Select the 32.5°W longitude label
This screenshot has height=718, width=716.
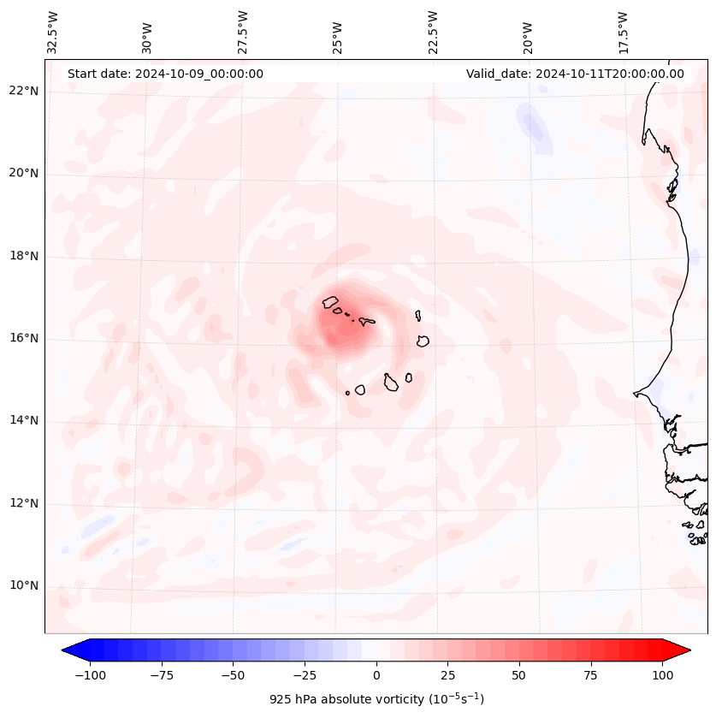pyautogui.click(x=53, y=33)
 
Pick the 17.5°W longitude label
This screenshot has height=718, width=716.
pyautogui.click(x=623, y=33)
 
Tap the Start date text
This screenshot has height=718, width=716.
pyautogui.click(x=165, y=74)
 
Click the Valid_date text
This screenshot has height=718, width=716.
pyautogui.click(x=575, y=74)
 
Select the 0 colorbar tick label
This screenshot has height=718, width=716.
pyautogui.click(x=376, y=675)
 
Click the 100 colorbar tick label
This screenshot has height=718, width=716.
pyautogui.click(x=661, y=675)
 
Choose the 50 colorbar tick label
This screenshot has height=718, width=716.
pyautogui.click(x=518, y=675)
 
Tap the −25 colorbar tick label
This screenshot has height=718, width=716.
pyautogui.click(x=305, y=675)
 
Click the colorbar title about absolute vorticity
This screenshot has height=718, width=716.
pyautogui.click(x=376, y=699)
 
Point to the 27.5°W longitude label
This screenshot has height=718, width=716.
pyautogui.click(x=243, y=33)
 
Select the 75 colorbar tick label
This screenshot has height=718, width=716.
pyautogui.click(x=589, y=675)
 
